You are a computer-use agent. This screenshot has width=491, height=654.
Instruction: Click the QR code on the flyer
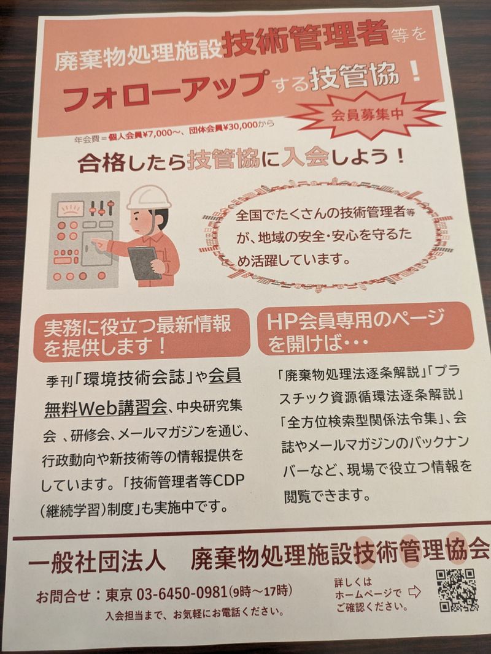pos(457,590)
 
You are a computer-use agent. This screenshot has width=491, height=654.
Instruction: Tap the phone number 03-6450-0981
pos(181,592)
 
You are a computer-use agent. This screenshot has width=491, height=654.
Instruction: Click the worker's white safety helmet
pos(149,198)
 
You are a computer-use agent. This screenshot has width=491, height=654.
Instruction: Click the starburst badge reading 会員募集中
pos(368,114)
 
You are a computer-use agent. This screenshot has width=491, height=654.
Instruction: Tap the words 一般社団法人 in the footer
pos(96,563)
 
